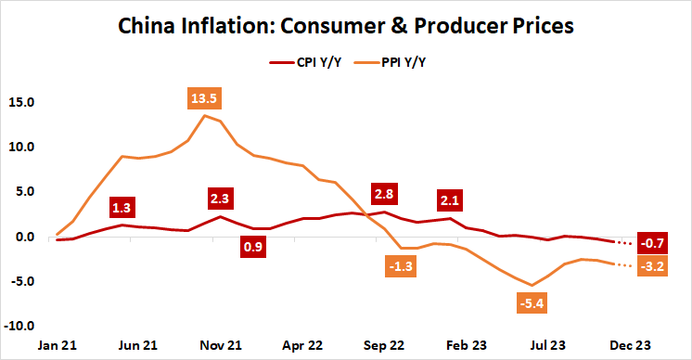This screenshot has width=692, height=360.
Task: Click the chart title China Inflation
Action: tap(346, 25)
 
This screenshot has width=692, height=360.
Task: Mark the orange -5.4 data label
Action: tap(530, 303)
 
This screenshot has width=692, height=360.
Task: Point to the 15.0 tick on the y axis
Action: tap(21, 102)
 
